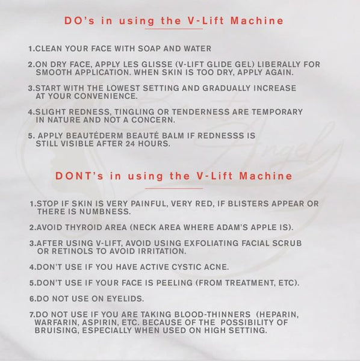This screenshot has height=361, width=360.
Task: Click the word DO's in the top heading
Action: click(79, 20)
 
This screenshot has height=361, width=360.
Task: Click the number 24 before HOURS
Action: click(131, 144)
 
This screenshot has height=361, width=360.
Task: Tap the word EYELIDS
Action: click(125, 298)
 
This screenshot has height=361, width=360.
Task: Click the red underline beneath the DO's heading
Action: click(174, 29)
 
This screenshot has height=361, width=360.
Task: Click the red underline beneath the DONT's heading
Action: click(174, 188)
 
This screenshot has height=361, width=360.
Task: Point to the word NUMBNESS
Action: click(105, 212)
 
